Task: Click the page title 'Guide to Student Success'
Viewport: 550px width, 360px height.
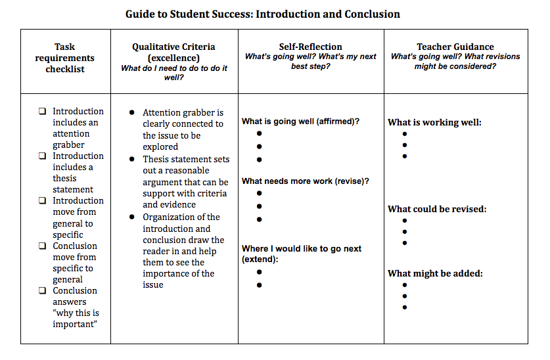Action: (262, 14)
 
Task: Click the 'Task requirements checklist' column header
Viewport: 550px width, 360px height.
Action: (65, 58)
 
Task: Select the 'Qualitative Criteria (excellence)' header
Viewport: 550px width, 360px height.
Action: (173, 53)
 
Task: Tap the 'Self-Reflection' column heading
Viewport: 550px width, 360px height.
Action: (310, 47)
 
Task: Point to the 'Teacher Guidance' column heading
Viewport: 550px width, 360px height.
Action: (455, 47)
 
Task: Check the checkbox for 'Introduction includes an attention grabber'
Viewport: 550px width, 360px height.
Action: (43, 112)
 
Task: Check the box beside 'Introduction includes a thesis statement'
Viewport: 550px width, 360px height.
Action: (43, 156)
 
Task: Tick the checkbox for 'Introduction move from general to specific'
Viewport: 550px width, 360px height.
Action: (43, 201)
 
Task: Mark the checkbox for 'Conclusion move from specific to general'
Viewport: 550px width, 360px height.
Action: (43, 246)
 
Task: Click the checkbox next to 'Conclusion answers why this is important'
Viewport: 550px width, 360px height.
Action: (43, 291)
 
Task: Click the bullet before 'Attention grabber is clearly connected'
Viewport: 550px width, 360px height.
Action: (133, 113)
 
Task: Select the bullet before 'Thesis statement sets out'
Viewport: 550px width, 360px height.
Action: (133, 159)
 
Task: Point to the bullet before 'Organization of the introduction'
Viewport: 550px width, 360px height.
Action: (133, 217)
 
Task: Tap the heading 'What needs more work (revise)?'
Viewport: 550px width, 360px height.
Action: (305, 181)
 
